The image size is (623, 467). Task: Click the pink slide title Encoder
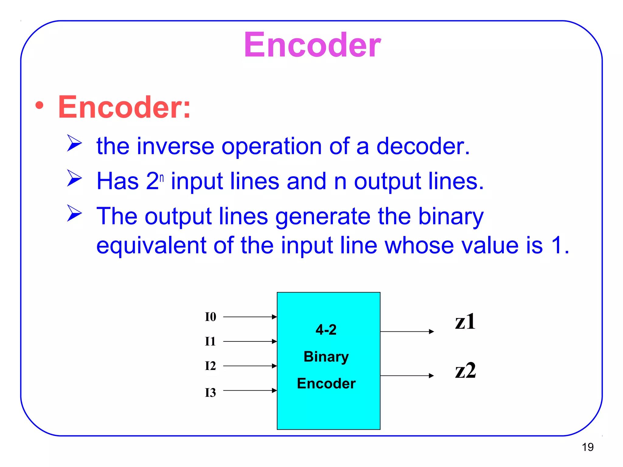pos(312,45)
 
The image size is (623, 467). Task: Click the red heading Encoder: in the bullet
pos(124,107)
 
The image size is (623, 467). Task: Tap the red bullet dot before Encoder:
pos(39,106)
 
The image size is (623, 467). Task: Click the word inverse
pos(176,146)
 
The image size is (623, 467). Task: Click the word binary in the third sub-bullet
pos(451,217)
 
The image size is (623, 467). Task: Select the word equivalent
pos(151,245)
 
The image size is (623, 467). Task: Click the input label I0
pos(210,317)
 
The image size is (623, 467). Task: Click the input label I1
pos(210,341)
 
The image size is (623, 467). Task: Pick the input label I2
pos(210,366)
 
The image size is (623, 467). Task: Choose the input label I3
pos(210,393)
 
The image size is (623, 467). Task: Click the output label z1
pos(465,322)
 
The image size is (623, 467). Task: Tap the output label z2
pos(465,371)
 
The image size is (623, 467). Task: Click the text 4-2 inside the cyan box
pos(326,330)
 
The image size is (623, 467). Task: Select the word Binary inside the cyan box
pos(326,357)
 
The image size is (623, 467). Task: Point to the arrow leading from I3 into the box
pos(249,390)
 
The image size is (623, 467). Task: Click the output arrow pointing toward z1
pos(407,331)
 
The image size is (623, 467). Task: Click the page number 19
pos(587,447)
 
